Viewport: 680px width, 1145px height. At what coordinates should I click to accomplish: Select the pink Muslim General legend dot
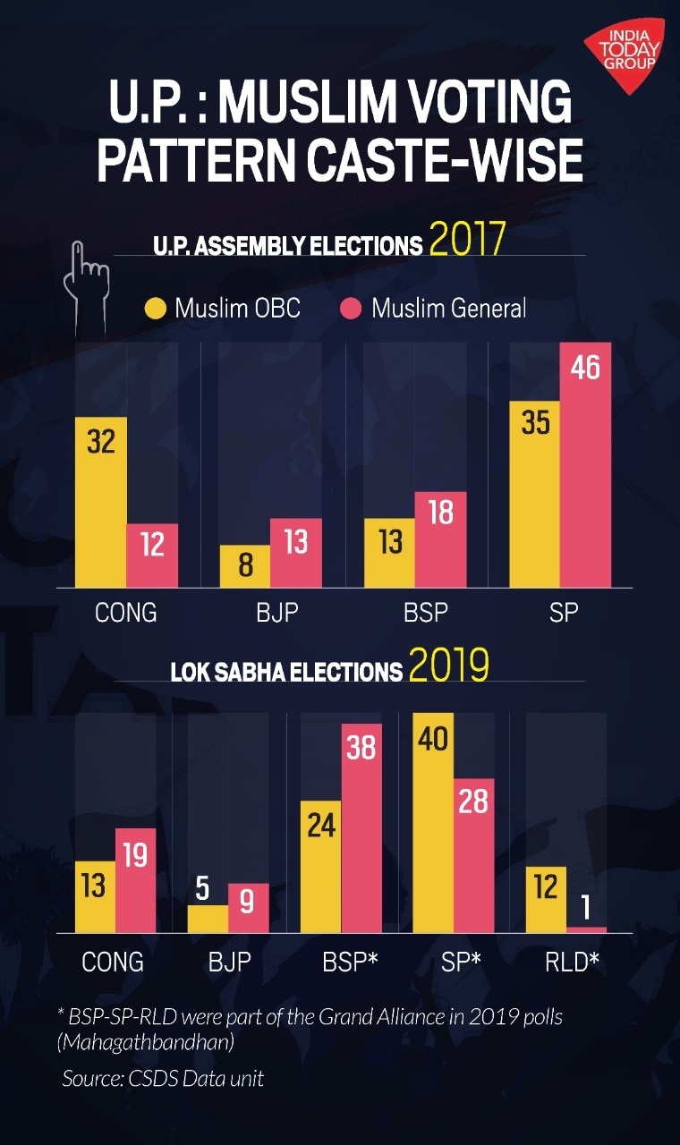[352, 310]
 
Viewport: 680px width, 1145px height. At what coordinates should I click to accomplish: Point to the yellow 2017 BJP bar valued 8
[244, 566]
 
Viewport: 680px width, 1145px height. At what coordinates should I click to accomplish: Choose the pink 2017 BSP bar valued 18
[440, 539]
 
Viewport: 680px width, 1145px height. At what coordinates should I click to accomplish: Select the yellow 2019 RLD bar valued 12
[545, 899]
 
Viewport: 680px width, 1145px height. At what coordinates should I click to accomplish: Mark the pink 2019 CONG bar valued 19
[135, 881]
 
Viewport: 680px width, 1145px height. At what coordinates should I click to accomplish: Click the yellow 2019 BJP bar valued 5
[208, 919]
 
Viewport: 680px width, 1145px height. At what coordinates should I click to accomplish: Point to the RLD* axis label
[572, 962]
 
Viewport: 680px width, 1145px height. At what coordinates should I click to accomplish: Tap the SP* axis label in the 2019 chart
[461, 962]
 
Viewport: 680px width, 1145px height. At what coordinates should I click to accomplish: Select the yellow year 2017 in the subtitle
[467, 240]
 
